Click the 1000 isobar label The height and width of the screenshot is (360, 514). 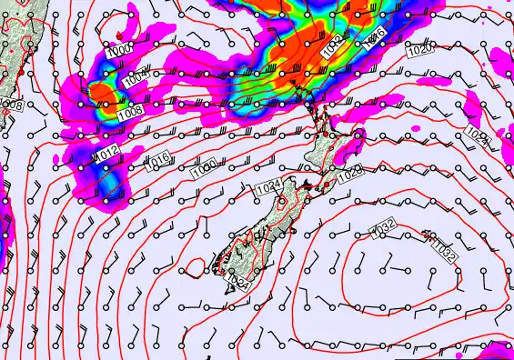pos(119,48)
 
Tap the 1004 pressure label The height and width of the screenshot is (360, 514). pos(133,81)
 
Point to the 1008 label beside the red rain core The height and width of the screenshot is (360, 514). pos(130,110)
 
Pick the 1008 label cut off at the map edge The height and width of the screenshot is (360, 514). pos(11,105)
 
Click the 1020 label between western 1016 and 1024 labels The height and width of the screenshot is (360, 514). pos(204,169)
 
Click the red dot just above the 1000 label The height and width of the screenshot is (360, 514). pos(119,35)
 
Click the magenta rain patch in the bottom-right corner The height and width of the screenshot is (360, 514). pos(499,350)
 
